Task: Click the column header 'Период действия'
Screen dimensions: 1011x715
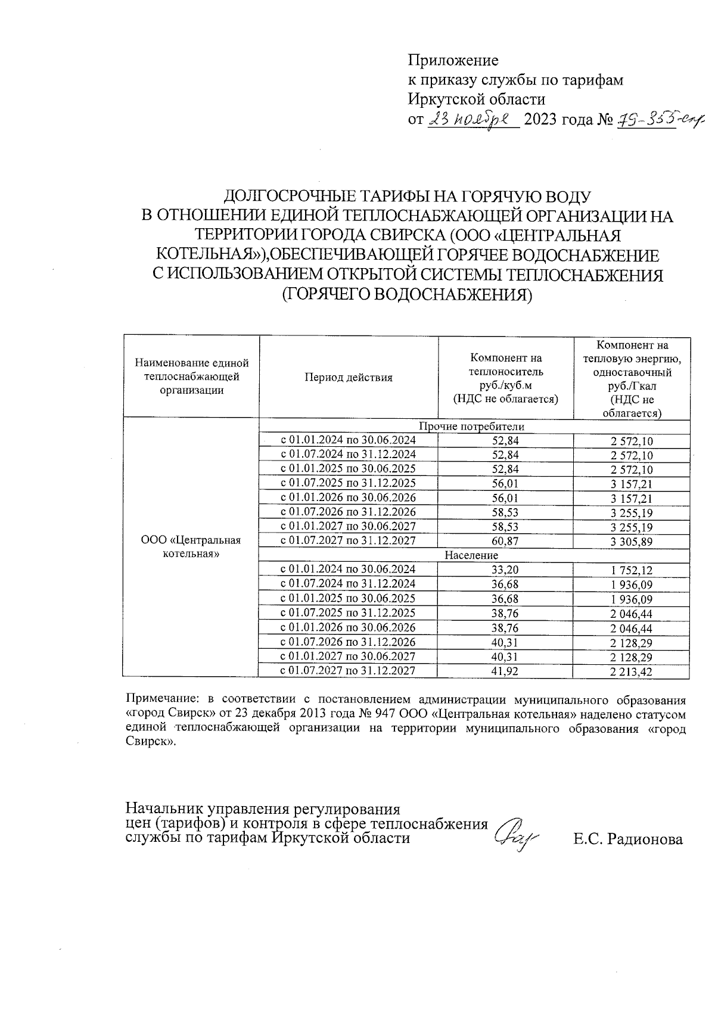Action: (349, 377)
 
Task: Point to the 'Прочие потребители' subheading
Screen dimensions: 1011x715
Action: (471, 427)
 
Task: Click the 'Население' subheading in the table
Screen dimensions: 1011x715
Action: (471, 555)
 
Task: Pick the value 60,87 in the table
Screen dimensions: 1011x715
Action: (505, 541)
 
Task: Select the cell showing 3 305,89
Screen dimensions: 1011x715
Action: (631, 542)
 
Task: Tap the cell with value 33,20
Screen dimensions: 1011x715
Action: (505, 570)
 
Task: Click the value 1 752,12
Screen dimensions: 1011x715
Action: (631, 570)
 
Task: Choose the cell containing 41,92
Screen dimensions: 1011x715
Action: (505, 671)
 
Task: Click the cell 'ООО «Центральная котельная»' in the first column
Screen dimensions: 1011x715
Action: (191, 546)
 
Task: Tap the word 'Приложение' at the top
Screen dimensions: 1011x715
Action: (453, 60)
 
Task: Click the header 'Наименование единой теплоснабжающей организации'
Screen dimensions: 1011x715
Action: (191, 377)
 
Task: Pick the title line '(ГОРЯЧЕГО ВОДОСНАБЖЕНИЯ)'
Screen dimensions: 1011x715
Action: (406, 294)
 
